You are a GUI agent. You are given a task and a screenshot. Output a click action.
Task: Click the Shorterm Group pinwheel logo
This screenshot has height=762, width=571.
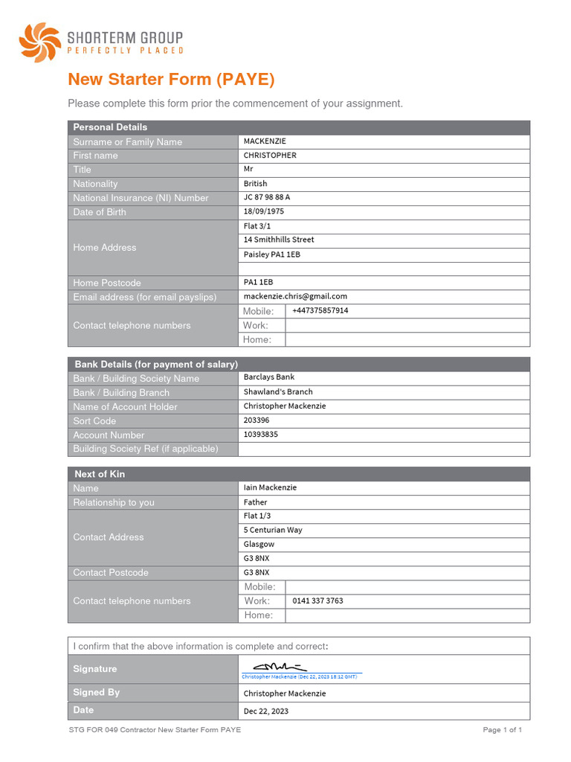pos(39,42)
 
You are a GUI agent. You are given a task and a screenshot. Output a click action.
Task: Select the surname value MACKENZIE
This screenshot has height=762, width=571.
pos(265,141)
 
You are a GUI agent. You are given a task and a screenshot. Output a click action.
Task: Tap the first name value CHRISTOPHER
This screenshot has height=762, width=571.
pos(270,156)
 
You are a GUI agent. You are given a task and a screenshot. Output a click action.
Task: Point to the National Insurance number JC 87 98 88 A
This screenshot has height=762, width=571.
pos(267,197)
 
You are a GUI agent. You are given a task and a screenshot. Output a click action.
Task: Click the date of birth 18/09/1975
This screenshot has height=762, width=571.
pos(264,211)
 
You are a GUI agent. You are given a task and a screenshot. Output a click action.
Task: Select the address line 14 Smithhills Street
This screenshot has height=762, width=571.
pos(279,240)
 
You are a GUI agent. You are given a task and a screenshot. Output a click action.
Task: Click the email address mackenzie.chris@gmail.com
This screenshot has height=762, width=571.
pos(295,296)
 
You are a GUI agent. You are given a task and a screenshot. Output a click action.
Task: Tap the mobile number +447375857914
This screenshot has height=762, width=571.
pos(320,310)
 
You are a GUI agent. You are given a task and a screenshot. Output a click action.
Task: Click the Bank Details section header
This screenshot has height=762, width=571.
pos(156,364)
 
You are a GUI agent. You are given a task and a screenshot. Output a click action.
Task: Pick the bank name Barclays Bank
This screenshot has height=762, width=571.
pos(269,377)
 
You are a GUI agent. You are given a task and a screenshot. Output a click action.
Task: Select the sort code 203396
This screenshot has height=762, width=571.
pos(257,420)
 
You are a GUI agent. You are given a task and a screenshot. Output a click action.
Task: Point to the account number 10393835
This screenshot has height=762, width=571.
pos(261,435)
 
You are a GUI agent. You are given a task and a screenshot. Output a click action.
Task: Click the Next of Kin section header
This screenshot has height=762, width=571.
pos(100,474)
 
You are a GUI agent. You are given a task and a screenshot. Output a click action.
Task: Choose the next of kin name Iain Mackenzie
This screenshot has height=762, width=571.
pos(270,487)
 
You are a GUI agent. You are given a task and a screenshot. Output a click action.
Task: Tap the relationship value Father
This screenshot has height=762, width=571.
pos(255,502)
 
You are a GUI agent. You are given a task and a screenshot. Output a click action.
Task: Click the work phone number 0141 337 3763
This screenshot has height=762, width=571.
pos(318,601)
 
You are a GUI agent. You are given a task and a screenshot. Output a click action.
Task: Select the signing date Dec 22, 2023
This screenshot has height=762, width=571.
pos(266,711)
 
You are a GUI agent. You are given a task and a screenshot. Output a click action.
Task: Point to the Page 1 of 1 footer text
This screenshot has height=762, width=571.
pos(503,730)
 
